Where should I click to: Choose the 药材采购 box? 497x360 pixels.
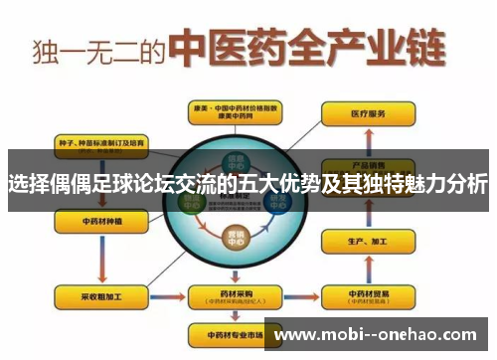[229, 295]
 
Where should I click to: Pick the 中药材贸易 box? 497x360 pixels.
[363, 295]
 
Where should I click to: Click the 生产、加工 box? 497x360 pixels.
[363, 243]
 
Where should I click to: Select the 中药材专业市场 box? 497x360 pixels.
[229, 332]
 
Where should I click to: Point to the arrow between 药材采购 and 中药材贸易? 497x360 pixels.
[297, 295]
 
